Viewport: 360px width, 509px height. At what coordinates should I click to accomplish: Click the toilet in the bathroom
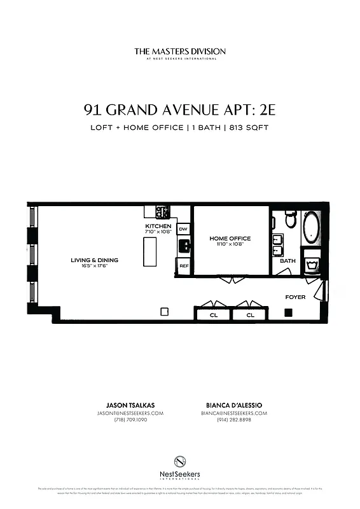pyautogui.click(x=291, y=220)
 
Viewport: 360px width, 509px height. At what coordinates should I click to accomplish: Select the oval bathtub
pyautogui.click(x=312, y=228)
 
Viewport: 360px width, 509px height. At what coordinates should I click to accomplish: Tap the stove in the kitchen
pyautogui.click(x=162, y=213)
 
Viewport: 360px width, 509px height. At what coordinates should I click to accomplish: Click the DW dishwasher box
pyautogui.click(x=183, y=229)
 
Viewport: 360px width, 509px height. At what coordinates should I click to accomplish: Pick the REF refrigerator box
pyautogui.click(x=183, y=266)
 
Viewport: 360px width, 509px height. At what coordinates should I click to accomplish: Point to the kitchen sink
pyautogui.click(x=184, y=246)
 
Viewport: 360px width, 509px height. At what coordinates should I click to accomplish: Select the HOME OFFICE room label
pyautogui.click(x=230, y=239)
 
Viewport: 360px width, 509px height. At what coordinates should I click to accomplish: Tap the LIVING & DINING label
pyautogui.click(x=94, y=260)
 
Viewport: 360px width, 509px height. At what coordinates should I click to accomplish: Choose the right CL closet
pyautogui.click(x=250, y=315)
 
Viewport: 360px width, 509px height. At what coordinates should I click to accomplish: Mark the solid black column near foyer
pyautogui.click(x=288, y=312)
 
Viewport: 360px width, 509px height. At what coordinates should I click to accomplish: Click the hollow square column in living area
pyautogui.click(x=164, y=312)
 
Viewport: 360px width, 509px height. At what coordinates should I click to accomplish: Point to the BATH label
pyautogui.click(x=287, y=261)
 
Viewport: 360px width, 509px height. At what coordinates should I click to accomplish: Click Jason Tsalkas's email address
pyautogui.click(x=139, y=413)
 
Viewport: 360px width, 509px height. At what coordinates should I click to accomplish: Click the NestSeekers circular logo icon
pyautogui.click(x=179, y=462)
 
